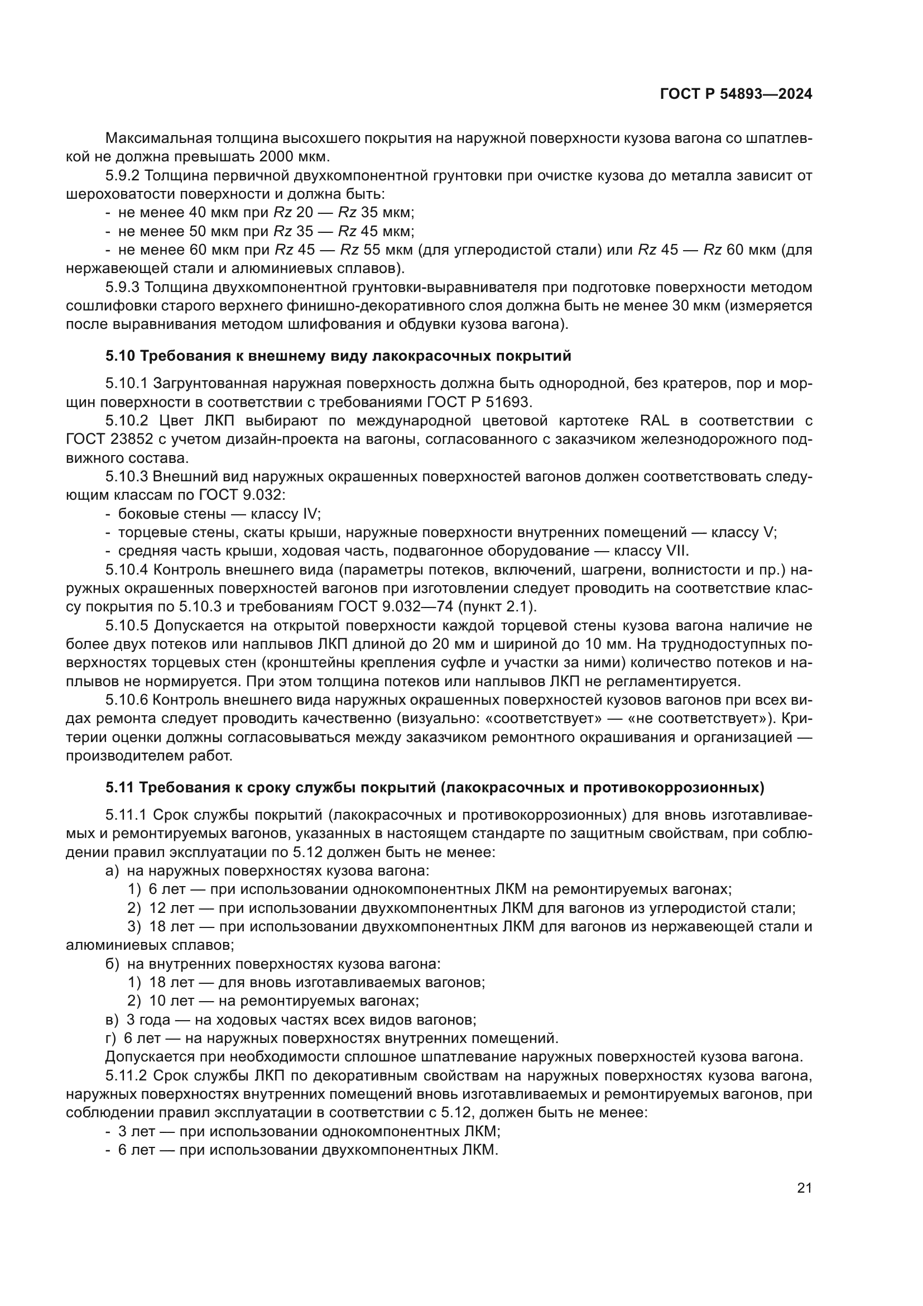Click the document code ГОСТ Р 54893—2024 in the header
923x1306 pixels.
[736, 94]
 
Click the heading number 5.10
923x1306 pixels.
[120, 356]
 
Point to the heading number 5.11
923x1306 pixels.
[120, 788]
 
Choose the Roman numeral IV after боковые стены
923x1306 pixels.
[311, 514]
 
